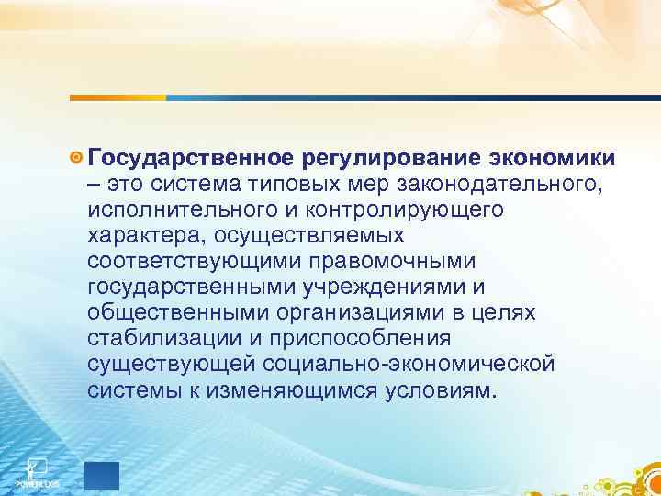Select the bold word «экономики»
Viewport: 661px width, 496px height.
552,160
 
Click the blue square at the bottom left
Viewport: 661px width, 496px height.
102,475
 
